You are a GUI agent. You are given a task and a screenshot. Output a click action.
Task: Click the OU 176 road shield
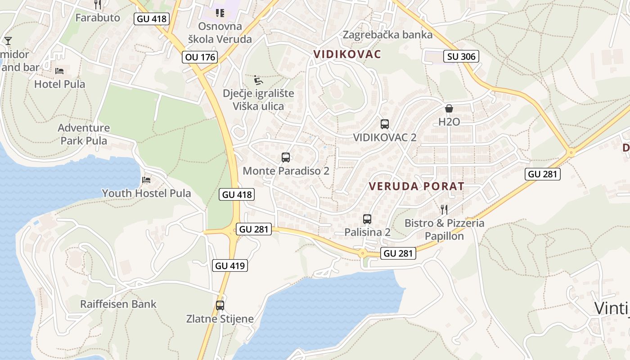pyautogui.click(x=200, y=57)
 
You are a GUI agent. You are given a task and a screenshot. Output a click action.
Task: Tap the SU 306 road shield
pyautogui.click(x=461, y=56)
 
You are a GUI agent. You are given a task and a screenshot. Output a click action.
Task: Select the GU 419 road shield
pyautogui.click(x=230, y=265)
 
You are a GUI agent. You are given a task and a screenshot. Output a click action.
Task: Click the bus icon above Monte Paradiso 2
pyautogui.click(x=286, y=157)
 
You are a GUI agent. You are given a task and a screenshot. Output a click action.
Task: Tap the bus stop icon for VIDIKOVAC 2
pyautogui.click(x=384, y=124)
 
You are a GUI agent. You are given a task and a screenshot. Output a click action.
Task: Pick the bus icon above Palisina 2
pyautogui.click(x=367, y=219)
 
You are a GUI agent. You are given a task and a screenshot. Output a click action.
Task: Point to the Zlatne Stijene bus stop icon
pyautogui.click(x=220, y=306)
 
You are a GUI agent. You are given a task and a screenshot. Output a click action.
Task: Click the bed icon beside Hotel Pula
pyautogui.click(x=59, y=71)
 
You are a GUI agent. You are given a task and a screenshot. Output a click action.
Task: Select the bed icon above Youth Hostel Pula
pyautogui.click(x=146, y=180)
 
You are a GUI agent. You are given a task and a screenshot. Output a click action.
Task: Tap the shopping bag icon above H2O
pyautogui.click(x=449, y=108)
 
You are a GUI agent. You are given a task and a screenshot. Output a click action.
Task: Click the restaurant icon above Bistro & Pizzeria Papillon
pyautogui.click(x=444, y=209)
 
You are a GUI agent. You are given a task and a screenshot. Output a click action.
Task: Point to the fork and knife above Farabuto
pyautogui.click(x=98, y=5)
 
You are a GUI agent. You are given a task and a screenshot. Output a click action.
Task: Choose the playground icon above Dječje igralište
pyautogui.click(x=258, y=80)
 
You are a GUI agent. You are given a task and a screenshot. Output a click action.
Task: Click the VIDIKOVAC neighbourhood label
pyautogui.click(x=347, y=54)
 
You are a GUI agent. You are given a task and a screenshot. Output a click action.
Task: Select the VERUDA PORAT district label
pyautogui.click(x=416, y=186)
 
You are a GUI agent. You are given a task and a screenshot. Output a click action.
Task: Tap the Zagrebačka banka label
pyautogui.click(x=387, y=35)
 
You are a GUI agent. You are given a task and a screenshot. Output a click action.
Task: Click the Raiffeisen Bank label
pyautogui.click(x=118, y=304)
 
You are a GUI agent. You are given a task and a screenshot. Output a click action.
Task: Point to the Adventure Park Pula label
pyautogui.click(x=84, y=134)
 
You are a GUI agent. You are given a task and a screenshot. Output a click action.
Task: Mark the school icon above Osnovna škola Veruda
pyautogui.click(x=220, y=13)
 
